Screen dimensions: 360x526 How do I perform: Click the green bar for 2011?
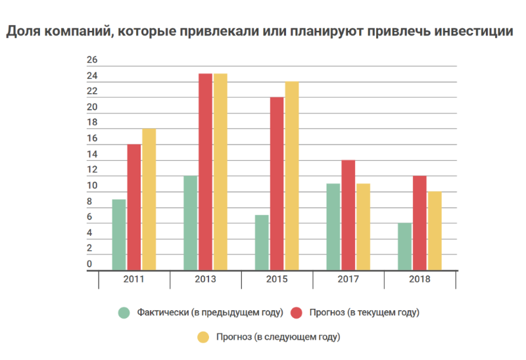119,235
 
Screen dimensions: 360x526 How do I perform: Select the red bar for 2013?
205,171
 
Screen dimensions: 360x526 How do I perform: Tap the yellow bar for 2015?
291,175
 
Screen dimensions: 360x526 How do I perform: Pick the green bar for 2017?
333,227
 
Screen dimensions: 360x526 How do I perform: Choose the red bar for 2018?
419,223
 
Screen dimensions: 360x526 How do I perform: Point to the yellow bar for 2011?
149,199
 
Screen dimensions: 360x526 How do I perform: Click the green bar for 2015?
262,242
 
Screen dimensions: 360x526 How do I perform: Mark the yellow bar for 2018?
434,231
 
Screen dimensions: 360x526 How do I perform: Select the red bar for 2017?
348,215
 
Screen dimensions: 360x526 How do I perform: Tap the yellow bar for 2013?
220,171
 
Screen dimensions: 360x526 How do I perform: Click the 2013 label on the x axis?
205,279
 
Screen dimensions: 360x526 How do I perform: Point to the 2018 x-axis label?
419,279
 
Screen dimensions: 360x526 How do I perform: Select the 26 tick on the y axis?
92,60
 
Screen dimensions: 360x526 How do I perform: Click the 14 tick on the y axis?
92,155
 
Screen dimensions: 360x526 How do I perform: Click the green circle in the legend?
124,312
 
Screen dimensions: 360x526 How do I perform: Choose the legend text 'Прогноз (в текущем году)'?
363,312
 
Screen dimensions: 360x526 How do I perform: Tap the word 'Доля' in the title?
24,31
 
